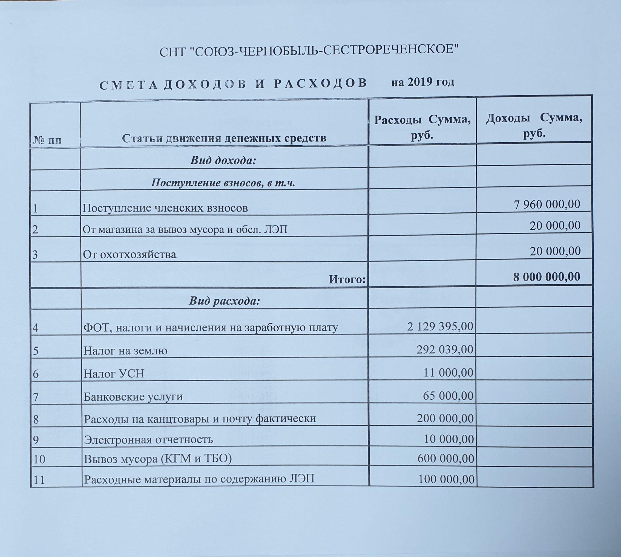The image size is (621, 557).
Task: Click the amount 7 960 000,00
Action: click(x=547, y=204)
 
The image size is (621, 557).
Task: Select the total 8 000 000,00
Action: click(x=546, y=277)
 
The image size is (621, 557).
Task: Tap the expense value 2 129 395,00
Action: click(x=440, y=327)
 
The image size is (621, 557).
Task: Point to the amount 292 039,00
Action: click(x=445, y=350)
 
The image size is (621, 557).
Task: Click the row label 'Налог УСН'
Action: click(x=114, y=374)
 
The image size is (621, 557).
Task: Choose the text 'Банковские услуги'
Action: click(x=133, y=397)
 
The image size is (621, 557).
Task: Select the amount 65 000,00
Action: click(x=448, y=396)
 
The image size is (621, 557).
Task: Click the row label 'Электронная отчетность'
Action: click(x=148, y=440)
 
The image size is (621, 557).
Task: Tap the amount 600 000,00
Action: click(x=445, y=458)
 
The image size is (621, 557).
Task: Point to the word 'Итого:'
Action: click(x=347, y=279)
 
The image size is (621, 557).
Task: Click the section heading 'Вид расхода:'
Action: click(x=224, y=301)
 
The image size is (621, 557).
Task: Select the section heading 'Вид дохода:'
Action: click(x=223, y=160)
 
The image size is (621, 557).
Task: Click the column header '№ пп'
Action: click(x=47, y=140)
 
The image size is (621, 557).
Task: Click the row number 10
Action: click(x=39, y=459)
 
